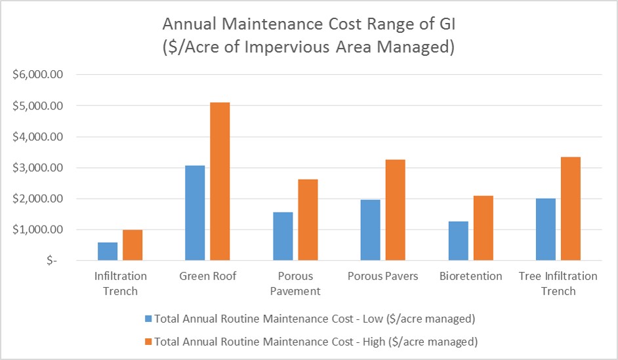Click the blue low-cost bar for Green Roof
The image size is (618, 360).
pyautogui.click(x=195, y=213)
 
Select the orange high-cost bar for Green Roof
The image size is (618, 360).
pyautogui.click(x=220, y=182)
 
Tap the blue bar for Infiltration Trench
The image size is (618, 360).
pyautogui.click(x=107, y=252)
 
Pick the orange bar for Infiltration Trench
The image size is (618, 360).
pyautogui.click(x=132, y=245)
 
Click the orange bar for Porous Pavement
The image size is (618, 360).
pyautogui.click(x=307, y=220)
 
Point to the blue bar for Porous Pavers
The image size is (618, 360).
pyautogui.click(x=370, y=230)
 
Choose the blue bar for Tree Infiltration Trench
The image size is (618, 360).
pyautogui.click(x=545, y=230)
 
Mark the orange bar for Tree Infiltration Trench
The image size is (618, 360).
pyautogui.click(x=570, y=209)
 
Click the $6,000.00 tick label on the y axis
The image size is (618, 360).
pyautogui.click(x=37, y=75)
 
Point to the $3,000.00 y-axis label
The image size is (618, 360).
pyautogui.click(x=37, y=168)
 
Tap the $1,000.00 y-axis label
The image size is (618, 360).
pyautogui.click(x=37, y=230)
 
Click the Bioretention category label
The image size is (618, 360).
pyautogui.click(x=470, y=276)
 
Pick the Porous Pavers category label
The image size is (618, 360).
pyautogui.click(x=382, y=276)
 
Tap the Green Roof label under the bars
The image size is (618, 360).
pyautogui.click(x=207, y=276)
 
